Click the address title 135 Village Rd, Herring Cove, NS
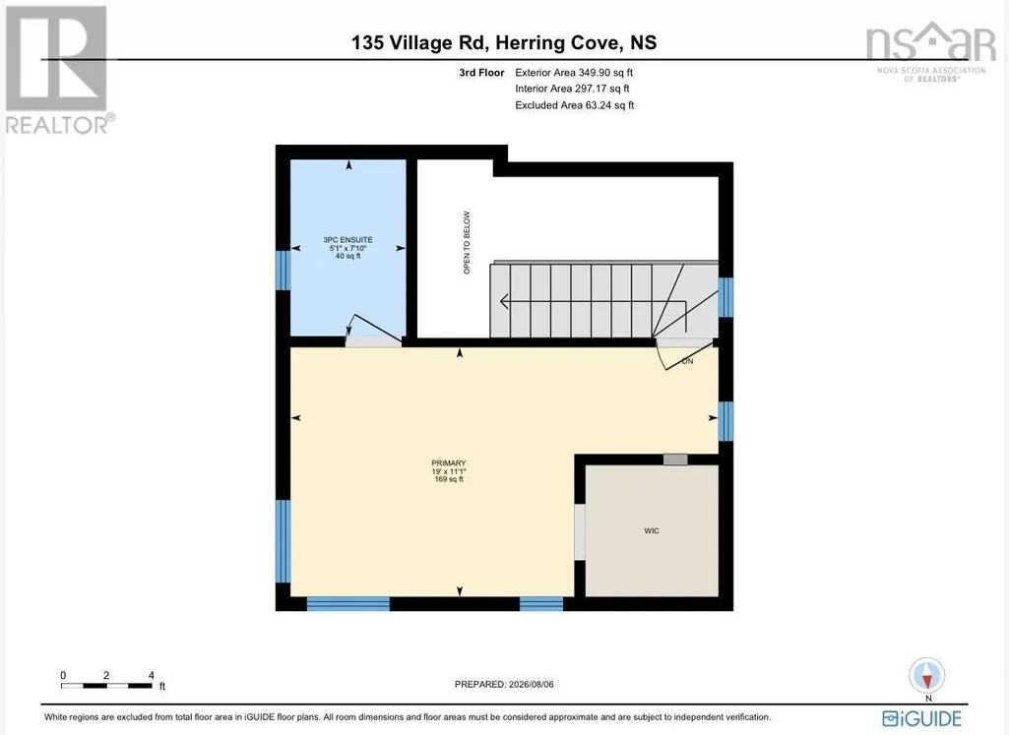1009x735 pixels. point(504,42)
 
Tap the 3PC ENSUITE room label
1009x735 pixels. point(348,240)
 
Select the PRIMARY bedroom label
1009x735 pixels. point(449,463)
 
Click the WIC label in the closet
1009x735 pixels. point(652,531)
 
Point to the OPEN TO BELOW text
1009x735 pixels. point(468,242)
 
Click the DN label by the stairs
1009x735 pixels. point(687,361)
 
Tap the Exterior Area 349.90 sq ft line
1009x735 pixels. point(574,73)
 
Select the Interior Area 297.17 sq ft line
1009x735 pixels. point(572,89)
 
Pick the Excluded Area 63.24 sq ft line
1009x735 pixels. point(575,105)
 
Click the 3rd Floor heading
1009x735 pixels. point(481,73)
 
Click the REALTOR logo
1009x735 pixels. point(59,70)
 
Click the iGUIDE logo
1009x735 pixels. point(921,718)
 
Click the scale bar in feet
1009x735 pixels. point(107,686)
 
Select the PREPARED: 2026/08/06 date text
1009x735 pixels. point(504,684)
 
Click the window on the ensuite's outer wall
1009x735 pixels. point(284,270)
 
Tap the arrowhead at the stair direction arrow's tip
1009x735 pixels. point(504,300)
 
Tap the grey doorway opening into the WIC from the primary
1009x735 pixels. point(580,531)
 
